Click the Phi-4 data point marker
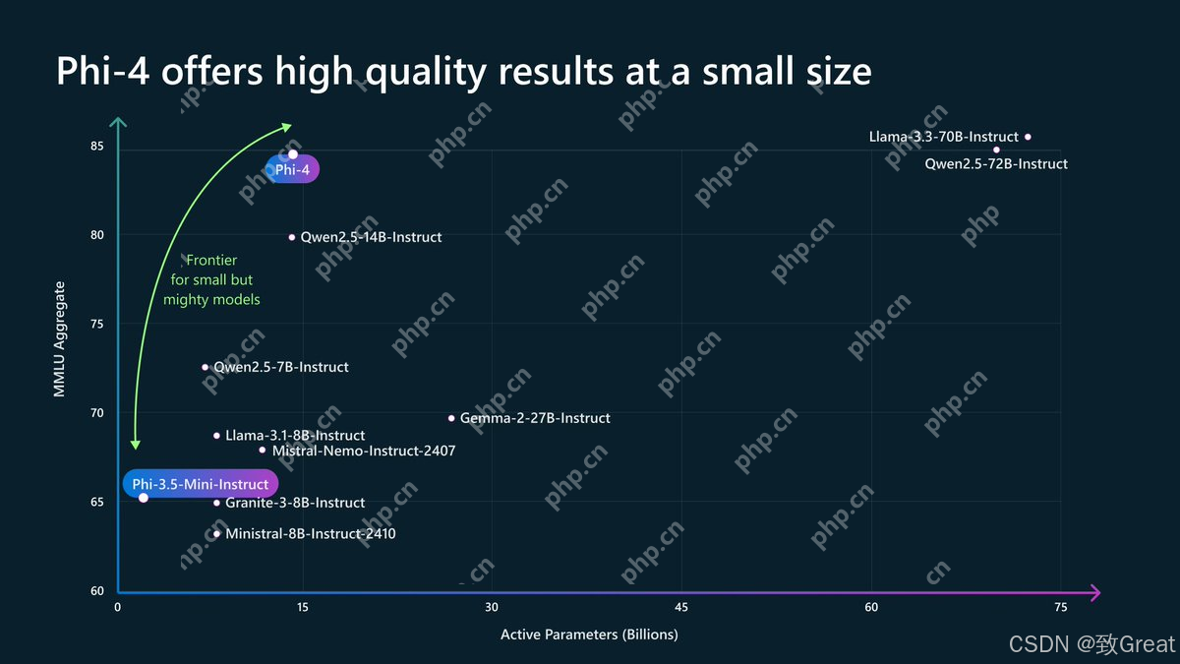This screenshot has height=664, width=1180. coord(293,154)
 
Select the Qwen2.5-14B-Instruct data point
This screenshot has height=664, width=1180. coord(292,237)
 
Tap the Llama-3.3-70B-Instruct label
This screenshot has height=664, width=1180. coord(943,137)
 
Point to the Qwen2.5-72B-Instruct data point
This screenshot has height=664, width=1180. coord(996,150)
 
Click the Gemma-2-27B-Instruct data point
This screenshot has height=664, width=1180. coord(451,418)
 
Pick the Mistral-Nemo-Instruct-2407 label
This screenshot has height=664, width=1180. coord(364,452)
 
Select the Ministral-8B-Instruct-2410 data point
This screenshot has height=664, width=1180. coord(217,534)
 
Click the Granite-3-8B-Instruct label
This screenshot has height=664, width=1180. coord(295,503)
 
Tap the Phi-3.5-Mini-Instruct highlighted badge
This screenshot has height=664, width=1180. coord(201,484)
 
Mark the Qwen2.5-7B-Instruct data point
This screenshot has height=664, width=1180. coord(206,367)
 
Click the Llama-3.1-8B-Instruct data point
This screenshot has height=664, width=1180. coord(217,436)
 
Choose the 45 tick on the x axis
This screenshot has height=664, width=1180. coord(681,608)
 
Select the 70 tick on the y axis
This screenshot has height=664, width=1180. coord(97,413)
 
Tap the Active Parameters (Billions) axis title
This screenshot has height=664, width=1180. coord(589,634)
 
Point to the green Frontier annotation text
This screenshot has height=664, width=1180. coord(211,280)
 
